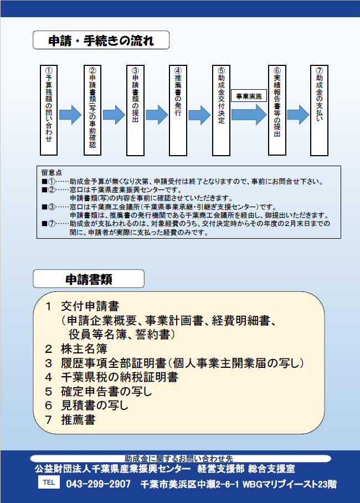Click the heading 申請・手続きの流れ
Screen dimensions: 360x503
(101, 40)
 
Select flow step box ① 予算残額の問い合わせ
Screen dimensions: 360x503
(49, 110)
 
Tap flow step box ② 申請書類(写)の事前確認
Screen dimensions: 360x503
(92, 110)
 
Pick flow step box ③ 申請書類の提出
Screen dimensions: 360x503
(135, 110)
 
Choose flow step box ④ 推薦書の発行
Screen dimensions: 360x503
(178, 110)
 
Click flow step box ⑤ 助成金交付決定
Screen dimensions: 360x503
(221, 110)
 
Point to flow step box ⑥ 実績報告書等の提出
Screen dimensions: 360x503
(277, 110)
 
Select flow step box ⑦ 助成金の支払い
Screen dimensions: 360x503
(319, 110)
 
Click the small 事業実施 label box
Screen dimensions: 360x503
(249, 96)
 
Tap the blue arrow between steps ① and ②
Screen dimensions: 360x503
(70, 115)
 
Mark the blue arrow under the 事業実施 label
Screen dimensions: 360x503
(249, 115)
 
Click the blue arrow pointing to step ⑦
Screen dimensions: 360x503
(298, 115)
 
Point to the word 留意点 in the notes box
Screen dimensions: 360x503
(52, 173)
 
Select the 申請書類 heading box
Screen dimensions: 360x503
(89, 279)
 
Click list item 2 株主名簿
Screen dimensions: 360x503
(76, 348)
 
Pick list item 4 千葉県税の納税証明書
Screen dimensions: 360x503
(112, 377)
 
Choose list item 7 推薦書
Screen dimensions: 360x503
(70, 419)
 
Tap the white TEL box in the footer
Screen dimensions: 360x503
(49, 482)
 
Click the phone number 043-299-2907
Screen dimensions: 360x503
(99, 484)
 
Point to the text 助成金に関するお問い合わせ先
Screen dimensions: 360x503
(179, 459)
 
